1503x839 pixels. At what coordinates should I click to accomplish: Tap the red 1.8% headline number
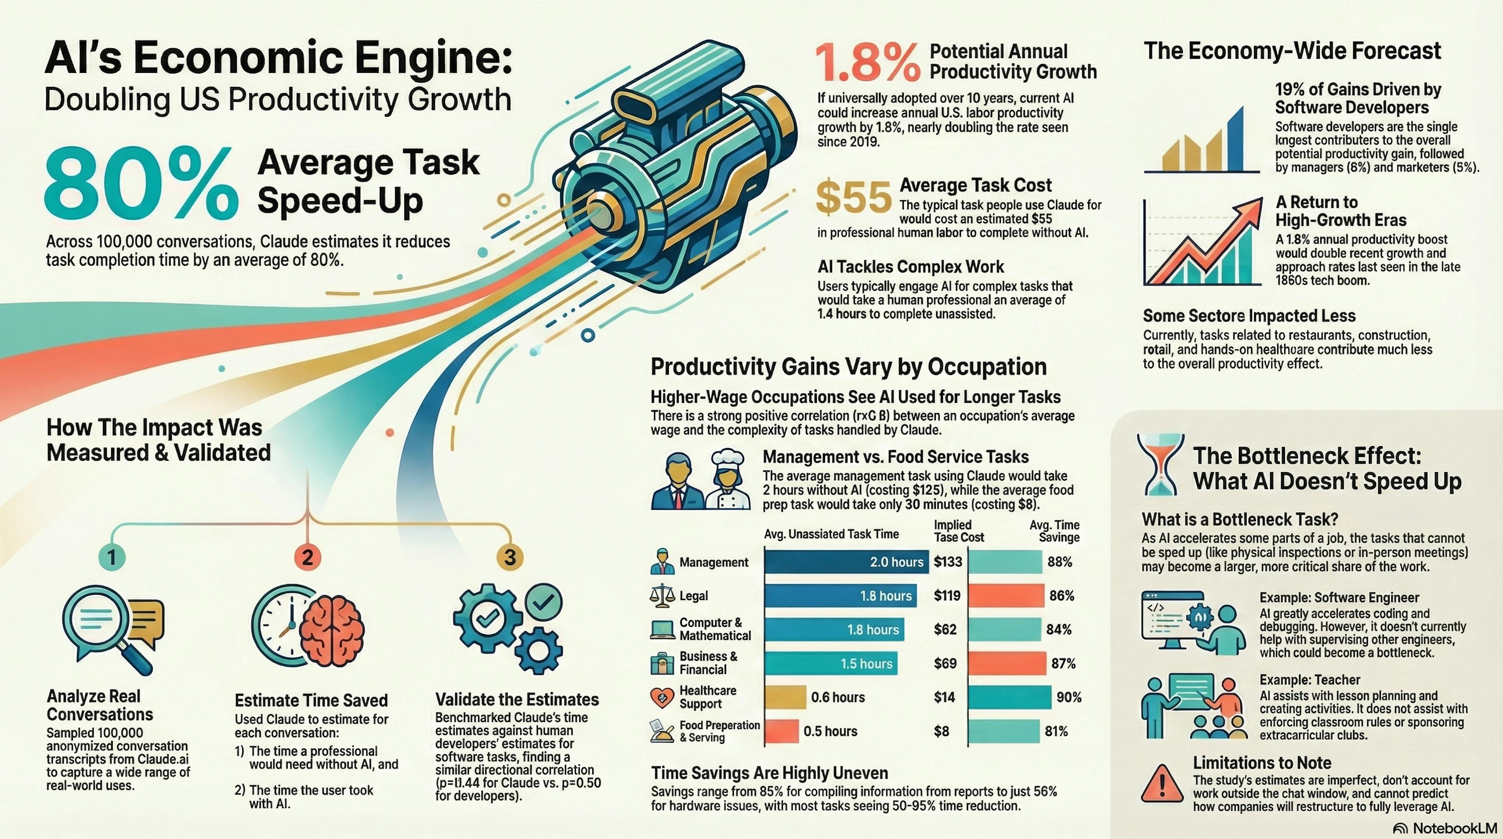(867, 63)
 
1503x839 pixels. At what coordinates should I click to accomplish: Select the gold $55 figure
(854, 198)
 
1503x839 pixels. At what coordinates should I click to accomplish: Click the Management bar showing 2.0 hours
(845, 562)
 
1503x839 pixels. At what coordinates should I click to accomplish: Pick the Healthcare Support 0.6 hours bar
(785, 697)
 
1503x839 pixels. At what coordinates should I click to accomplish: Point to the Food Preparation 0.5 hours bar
(781, 731)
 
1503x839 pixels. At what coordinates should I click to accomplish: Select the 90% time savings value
(1068, 697)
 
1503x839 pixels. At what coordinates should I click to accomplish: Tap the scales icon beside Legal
(661, 596)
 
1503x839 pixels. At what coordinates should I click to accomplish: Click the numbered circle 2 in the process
(308, 557)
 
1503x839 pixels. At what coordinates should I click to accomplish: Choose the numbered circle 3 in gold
(509, 557)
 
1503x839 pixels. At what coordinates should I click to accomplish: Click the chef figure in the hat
(726, 481)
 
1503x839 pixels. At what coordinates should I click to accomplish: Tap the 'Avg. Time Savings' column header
(1054, 531)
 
